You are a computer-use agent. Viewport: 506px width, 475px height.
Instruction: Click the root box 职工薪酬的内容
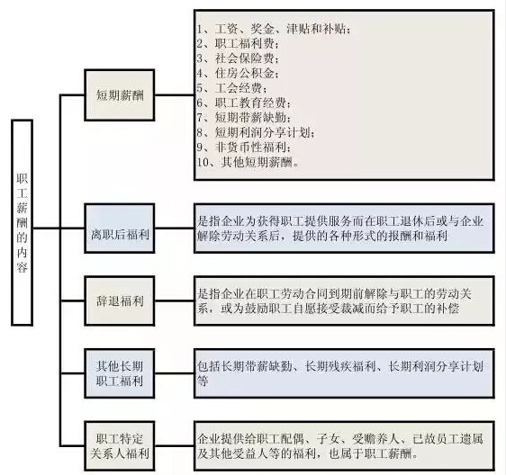[22, 222]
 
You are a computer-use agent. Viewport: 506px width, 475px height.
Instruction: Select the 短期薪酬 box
[120, 95]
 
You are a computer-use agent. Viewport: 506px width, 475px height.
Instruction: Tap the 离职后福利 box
[120, 229]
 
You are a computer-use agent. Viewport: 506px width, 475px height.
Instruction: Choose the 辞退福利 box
[120, 300]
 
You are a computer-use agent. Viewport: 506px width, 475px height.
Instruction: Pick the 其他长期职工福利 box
[120, 373]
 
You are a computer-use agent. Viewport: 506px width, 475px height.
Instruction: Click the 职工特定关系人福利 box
[120, 446]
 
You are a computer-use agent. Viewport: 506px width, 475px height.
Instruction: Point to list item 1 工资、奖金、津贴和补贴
[274, 29]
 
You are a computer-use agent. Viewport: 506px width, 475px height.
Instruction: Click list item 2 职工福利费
[238, 43]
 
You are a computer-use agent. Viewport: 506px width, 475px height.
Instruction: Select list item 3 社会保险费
[238, 58]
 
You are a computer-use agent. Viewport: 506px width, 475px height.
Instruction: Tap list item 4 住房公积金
[238, 73]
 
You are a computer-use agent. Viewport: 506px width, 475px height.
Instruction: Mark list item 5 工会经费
[232, 88]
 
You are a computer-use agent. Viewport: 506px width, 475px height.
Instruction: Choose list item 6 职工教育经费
[244, 103]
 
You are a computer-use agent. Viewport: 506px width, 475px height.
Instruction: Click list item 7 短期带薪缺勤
[244, 117]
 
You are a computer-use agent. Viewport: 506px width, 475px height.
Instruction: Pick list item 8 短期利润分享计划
[256, 132]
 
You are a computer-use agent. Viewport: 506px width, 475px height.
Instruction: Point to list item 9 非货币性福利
[244, 147]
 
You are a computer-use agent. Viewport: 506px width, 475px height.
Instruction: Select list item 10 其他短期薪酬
[248, 162]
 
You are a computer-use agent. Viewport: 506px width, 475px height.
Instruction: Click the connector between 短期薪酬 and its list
[175, 95]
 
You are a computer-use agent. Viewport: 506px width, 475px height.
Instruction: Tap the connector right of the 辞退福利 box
[175, 300]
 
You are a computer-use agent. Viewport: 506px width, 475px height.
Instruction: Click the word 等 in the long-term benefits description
[203, 381]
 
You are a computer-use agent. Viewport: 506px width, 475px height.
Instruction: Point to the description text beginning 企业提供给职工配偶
[340, 446]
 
